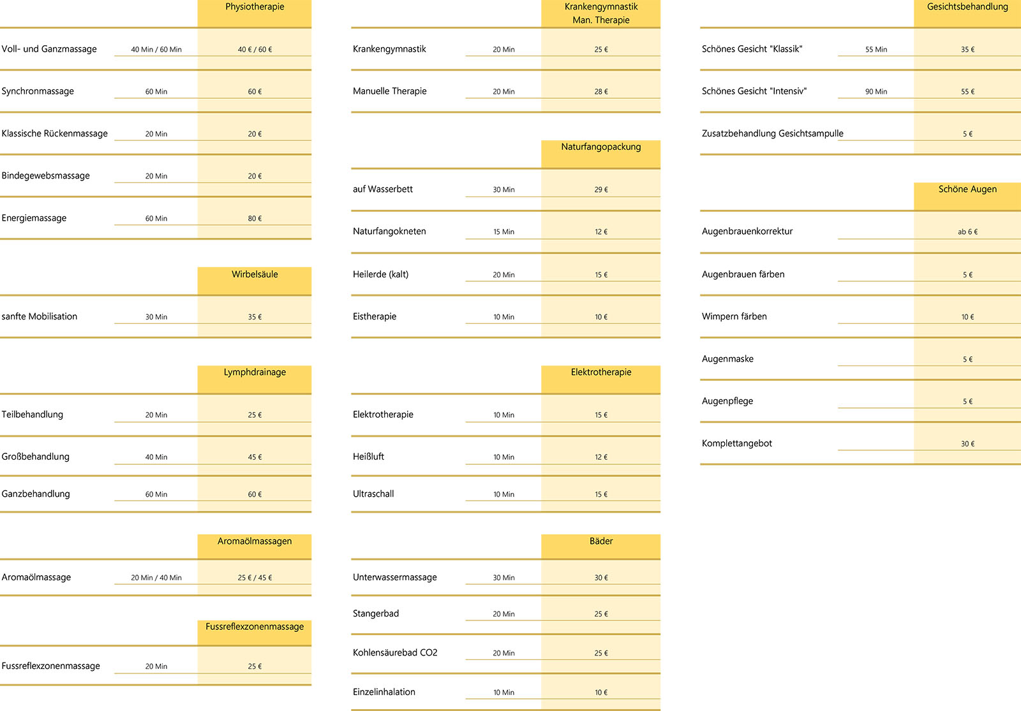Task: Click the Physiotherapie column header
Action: pyautogui.click(x=255, y=7)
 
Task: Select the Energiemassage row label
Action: pyautogui.click(x=34, y=218)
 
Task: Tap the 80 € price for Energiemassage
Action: pyautogui.click(x=255, y=219)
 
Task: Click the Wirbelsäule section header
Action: pyautogui.click(x=255, y=275)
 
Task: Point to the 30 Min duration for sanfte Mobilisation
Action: pyautogui.click(x=156, y=317)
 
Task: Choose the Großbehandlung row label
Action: pyautogui.click(x=36, y=457)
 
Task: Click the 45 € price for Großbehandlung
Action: pyautogui.click(x=255, y=457)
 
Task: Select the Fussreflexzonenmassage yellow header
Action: pyautogui.click(x=255, y=627)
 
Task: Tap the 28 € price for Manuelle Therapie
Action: pyautogui.click(x=601, y=92)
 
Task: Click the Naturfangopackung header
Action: pyautogui.click(x=601, y=147)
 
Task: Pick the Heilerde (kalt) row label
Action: pyautogui.click(x=380, y=274)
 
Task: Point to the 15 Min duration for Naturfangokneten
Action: pyautogui.click(x=503, y=232)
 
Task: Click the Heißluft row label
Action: pyautogui.click(x=368, y=457)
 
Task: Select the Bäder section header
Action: pyautogui.click(x=601, y=541)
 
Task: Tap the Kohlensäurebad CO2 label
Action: pyautogui.click(x=395, y=653)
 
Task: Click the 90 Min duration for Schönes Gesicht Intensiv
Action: pyautogui.click(x=876, y=92)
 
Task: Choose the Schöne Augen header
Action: pyautogui.click(x=967, y=189)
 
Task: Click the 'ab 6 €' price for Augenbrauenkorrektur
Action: pyautogui.click(x=967, y=232)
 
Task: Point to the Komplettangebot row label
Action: pyautogui.click(x=737, y=443)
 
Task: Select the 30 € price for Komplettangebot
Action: pyautogui.click(x=967, y=444)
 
